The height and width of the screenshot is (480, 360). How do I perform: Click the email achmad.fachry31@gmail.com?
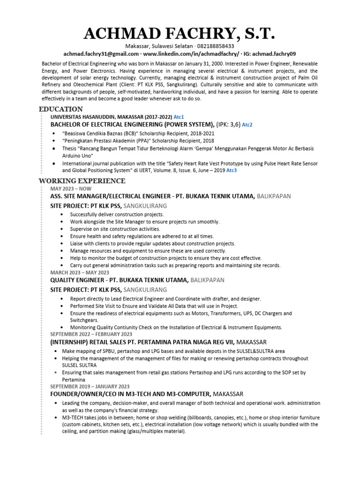coord(98,54)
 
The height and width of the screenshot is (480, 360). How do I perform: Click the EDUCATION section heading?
coord(61,109)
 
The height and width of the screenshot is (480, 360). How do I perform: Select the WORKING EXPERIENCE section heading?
coord(82,181)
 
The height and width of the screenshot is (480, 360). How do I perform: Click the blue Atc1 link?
coord(179,116)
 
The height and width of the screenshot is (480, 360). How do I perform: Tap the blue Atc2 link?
coord(247,125)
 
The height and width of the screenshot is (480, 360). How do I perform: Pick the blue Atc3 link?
coord(232,171)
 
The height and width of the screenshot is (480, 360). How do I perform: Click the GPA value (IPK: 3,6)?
coord(229,124)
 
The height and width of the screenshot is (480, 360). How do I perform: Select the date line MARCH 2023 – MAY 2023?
coord(80,272)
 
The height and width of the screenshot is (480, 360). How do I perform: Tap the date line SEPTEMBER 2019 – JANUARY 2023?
coord(90,386)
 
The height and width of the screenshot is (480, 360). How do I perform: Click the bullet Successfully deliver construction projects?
coord(110,214)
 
